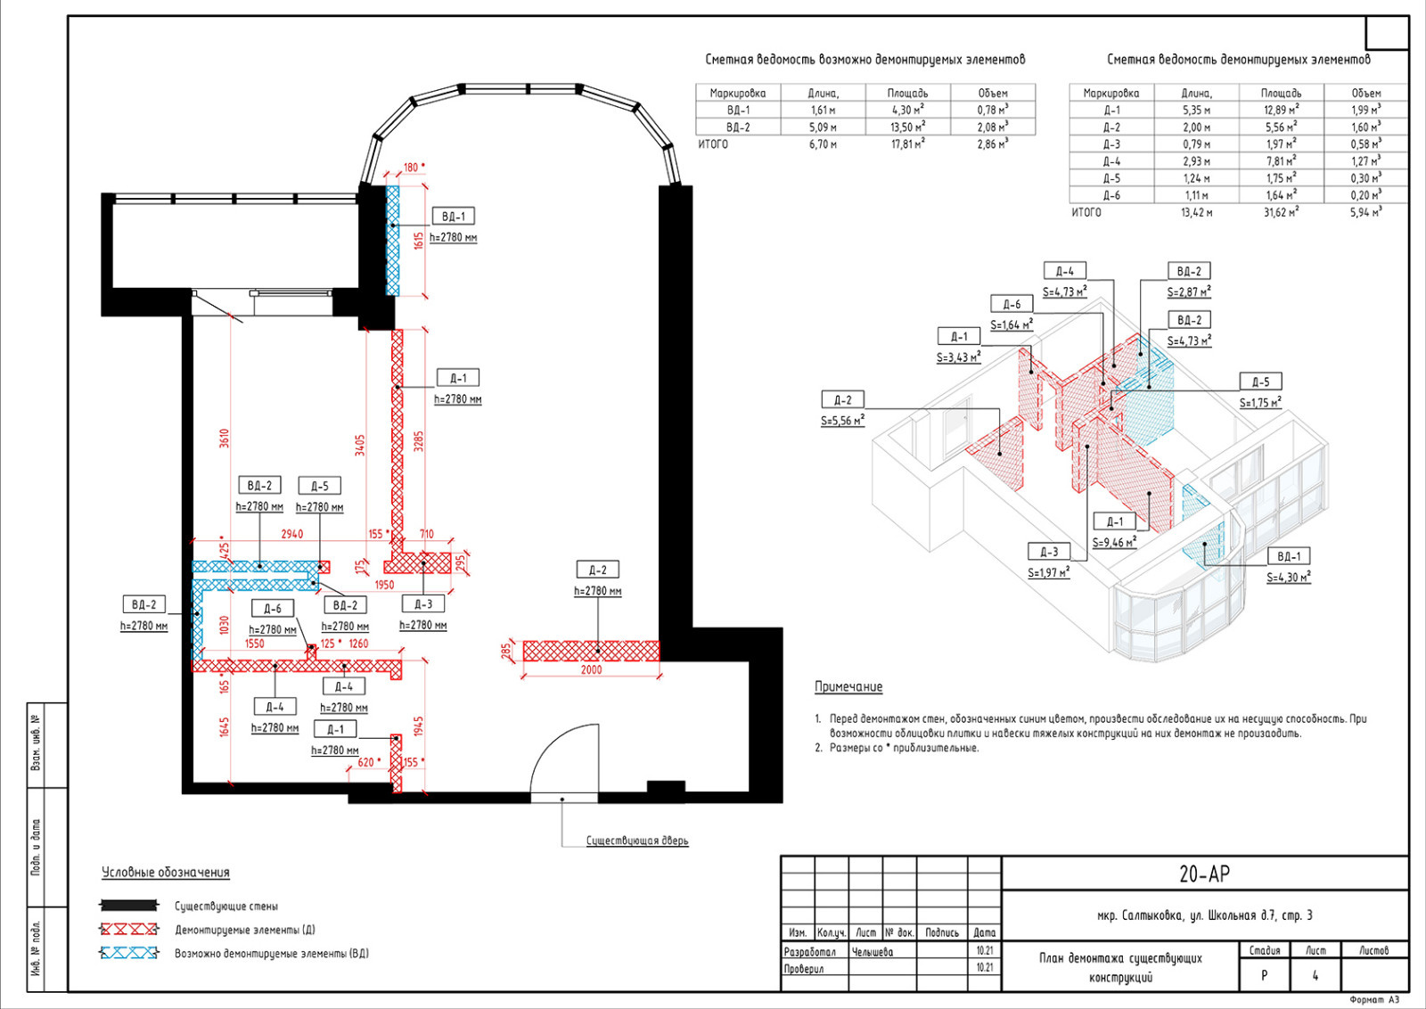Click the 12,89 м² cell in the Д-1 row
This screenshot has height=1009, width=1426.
[x=1281, y=110]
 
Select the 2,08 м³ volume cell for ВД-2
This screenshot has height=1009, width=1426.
[x=993, y=127]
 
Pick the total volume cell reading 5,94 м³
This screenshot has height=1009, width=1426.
[x=1365, y=212]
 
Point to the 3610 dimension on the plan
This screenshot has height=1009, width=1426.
[x=224, y=438]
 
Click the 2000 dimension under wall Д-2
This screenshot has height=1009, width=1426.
[x=591, y=669]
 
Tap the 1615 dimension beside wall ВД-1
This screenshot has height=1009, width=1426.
[x=418, y=241]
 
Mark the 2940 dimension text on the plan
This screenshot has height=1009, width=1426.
[x=292, y=533]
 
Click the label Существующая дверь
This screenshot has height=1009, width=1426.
[x=637, y=841]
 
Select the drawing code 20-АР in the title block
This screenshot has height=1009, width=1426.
[x=1204, y=874]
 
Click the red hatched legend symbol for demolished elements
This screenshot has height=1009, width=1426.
[x=129, y=929]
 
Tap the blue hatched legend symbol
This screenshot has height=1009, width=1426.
[x=129, y=953]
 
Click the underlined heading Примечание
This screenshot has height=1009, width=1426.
[x=848, y=686]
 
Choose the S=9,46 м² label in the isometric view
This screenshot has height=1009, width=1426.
[x=1114, y=542]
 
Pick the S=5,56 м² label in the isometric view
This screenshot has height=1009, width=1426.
[x=842, y=421]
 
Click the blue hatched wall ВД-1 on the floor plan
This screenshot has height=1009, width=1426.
[x=393, y=241]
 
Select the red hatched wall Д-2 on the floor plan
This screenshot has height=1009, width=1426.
[x=591, y=651]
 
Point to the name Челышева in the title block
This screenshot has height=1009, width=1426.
[x=873, y=952]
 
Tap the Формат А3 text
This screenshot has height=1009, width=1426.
[x=1374, y=1000]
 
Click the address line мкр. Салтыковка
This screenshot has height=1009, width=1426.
[x=1204, y=915]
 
